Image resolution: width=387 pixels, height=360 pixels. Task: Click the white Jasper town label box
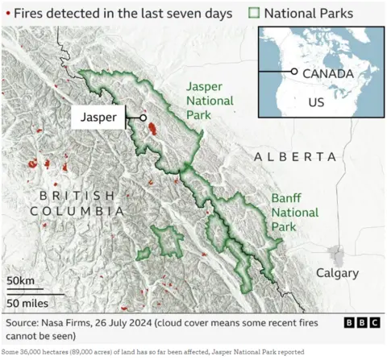coord(99,118)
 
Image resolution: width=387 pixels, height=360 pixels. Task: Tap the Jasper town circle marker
coord(143,118)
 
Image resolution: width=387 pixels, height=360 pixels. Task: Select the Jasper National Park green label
coord(210,101)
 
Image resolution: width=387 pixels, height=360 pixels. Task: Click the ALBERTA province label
coord(295,156)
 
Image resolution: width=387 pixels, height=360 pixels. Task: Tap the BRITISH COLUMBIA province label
coord(77,203)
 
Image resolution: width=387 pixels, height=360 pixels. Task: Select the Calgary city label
coord(337,273)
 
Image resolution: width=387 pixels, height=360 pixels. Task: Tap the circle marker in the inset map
coord(294,72)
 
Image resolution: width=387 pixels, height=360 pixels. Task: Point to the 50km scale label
coord(21,279)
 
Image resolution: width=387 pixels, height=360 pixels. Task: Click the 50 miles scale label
coord(27,303)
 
